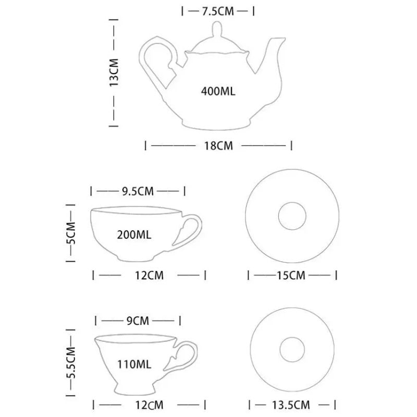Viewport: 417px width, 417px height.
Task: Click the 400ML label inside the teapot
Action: [x=218, y=91]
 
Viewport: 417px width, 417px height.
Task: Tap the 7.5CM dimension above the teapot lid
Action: [x=218, y=11]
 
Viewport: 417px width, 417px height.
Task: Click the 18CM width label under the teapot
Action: [x=217, y=146]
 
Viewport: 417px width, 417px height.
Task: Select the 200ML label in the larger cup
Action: [x=134, y=235]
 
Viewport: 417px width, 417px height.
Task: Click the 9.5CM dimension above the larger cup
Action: [x=138, y=191]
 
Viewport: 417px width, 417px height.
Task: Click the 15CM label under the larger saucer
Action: [x=290, y=275]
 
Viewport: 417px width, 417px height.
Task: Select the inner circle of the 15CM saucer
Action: [x=293, y=217]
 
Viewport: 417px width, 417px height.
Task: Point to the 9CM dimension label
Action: [x=138, y=321]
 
